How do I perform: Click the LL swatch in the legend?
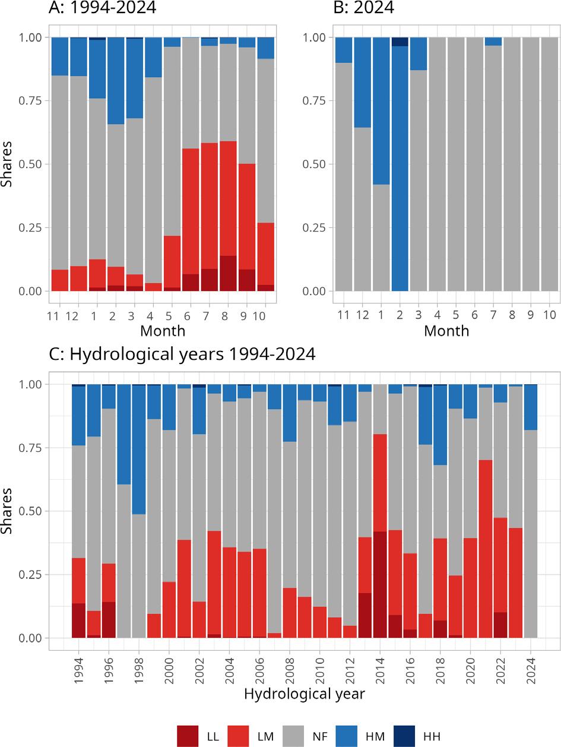pos(188,736)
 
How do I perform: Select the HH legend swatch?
pos(411,736)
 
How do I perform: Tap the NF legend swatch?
pos(299,736)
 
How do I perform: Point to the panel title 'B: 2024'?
pos(363,8)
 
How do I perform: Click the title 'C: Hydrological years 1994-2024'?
pos(182,354)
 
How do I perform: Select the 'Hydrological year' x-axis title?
pos(304,694)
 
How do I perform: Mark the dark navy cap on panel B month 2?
pos(400,42)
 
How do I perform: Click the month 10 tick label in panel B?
pos(550,315)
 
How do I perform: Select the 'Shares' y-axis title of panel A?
pos(7,164)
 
